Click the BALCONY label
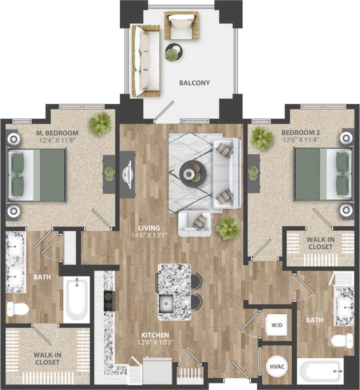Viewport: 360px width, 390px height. pos(194,83)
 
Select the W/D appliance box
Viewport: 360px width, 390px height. pos(276,325)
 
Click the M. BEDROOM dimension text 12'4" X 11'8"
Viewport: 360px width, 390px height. pos(60,141)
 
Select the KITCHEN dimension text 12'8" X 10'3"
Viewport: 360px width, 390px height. pos(155,342)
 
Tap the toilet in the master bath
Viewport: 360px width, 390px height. pos(18,308)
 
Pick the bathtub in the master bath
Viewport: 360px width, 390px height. pos(77,300)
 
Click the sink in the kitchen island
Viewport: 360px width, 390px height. pos(166,302)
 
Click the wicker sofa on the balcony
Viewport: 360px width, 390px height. pos(144,61)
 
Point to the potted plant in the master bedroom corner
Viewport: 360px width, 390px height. pos(100,123)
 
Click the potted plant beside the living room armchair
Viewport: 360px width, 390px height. pos(228,228)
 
